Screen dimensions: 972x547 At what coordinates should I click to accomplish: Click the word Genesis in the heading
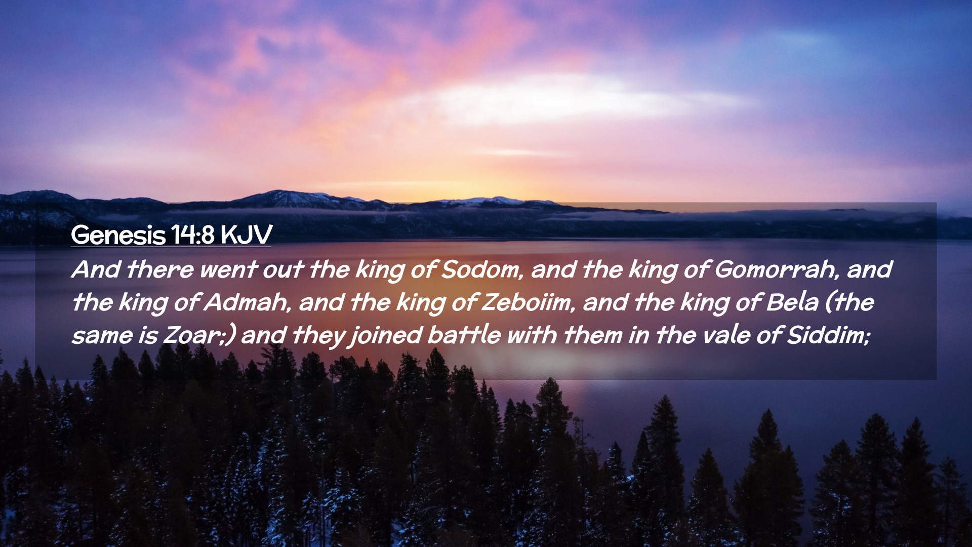point(118,235)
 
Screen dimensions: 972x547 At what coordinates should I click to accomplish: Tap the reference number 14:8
point(192,235)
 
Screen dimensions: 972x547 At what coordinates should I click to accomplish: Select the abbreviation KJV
point(247,235)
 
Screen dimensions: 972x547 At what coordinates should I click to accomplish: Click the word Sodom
point(482,269)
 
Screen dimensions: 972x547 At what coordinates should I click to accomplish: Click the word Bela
point(792,302)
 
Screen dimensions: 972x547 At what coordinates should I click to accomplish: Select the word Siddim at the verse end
point(828,335)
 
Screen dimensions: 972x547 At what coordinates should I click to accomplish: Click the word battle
point(464,335)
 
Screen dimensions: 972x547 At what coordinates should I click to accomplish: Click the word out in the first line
point(283,269)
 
